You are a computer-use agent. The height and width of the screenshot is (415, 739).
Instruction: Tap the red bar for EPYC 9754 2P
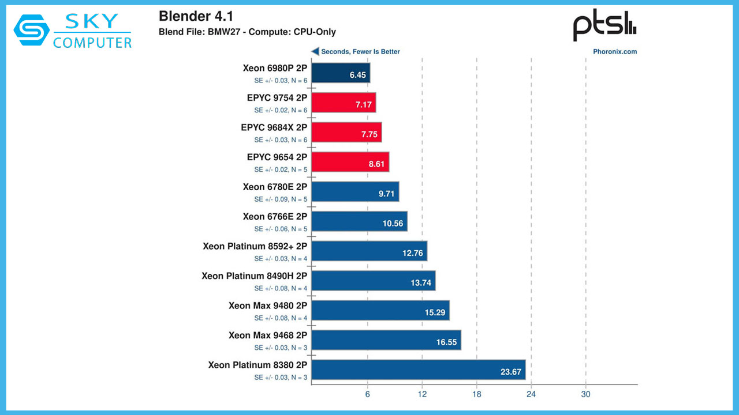click(x=344, y=103)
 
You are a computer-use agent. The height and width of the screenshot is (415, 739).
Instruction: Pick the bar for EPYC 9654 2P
click(x=350, y=162)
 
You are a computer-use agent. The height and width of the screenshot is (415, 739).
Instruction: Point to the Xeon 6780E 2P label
click(x=275, y=187)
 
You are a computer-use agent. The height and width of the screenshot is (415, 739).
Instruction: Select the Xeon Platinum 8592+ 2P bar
click(x=369, y=251)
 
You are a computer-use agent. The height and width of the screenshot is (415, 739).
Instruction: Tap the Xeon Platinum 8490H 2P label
click(x=254, y=276)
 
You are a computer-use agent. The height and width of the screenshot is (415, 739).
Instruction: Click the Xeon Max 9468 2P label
click(x=267, y=335)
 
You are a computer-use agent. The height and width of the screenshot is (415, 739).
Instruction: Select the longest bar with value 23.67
click(x=418, y=370)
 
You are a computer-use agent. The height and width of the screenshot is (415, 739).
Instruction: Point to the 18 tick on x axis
click(x=476, y=394)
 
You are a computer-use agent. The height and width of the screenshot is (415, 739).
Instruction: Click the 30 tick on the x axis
click(x=585, y=394)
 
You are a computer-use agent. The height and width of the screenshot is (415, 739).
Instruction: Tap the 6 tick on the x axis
click(x=367, y=394)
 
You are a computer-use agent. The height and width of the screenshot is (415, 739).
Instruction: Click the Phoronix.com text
click(x=615, y=51)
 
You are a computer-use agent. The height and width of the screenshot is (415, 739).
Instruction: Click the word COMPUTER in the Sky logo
click(x=92, y=42)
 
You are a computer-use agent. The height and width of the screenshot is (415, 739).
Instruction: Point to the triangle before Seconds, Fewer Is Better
click(x=315, y=51)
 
